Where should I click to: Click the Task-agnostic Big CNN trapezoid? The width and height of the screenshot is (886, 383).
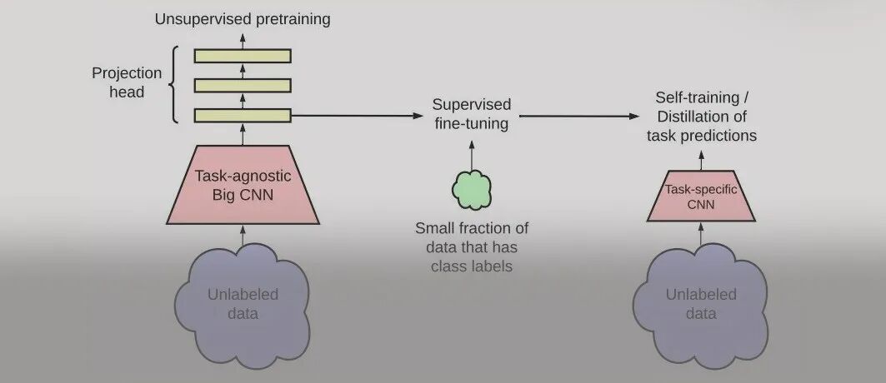[243, 184]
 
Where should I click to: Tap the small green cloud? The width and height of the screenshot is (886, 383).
[471, 190]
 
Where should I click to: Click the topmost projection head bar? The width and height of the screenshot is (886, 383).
[243, 55]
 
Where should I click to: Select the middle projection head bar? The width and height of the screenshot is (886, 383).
[243, 85]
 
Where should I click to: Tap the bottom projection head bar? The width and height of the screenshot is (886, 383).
[243, 115]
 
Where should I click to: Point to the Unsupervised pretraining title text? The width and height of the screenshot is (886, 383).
[243, 18]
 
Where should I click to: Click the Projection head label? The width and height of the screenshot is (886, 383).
[126, 82]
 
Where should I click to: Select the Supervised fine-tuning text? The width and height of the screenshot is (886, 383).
[471, 114]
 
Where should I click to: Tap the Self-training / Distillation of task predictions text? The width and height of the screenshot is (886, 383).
[701, 116]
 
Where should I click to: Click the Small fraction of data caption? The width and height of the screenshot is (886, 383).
[472, 246]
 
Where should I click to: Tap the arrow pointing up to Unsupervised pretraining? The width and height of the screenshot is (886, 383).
[243, 38]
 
